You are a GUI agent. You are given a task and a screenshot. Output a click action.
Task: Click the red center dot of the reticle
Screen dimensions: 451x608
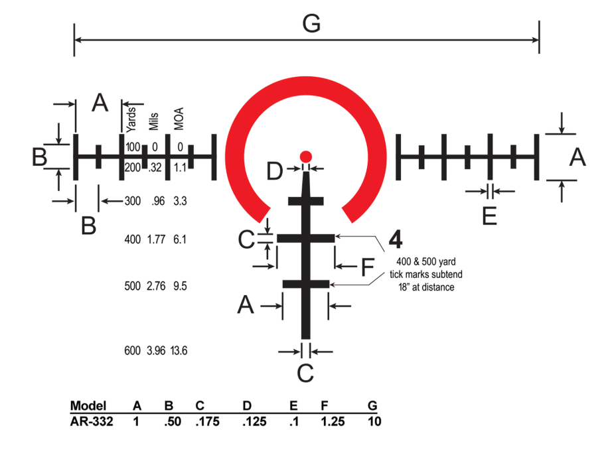pyautogui.click(x=305, y=157)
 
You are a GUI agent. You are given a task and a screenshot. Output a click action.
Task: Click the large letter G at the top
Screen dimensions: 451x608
pyautogui.click(x=311, y=24)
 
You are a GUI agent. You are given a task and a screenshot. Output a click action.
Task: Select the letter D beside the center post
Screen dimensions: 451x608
pyautogui.click(x=275, y=171)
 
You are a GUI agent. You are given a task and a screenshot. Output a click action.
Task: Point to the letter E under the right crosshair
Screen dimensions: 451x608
pyautogui.click(x=489, y=216)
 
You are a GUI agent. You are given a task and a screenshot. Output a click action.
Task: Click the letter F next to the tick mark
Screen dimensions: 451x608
pyautogui.click(x=367, y=268)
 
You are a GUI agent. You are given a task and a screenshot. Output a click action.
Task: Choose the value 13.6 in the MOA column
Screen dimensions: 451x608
pyautogui.click(x=179, y=351)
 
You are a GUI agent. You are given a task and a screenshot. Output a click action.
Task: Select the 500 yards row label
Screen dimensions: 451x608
pyautogui.click(x=132, y=287)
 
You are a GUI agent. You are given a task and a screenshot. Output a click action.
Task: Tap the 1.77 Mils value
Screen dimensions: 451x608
pyautogui.click(x=156, y=239)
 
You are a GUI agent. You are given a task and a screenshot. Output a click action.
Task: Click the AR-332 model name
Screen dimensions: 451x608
pyautogui.click(x=92, y=422)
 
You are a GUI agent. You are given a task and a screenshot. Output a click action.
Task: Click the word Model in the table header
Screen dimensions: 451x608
pyautogui.click(x=88, y=406)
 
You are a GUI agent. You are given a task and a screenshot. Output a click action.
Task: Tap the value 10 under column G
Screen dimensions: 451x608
pyautogui.click(x=373, y=422)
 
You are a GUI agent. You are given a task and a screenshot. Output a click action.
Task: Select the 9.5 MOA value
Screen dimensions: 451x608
pyautogui.click(x=179, y=287)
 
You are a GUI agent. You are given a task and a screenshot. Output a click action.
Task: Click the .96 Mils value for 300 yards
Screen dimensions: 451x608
pyautogui.click(x=158, y=200)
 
